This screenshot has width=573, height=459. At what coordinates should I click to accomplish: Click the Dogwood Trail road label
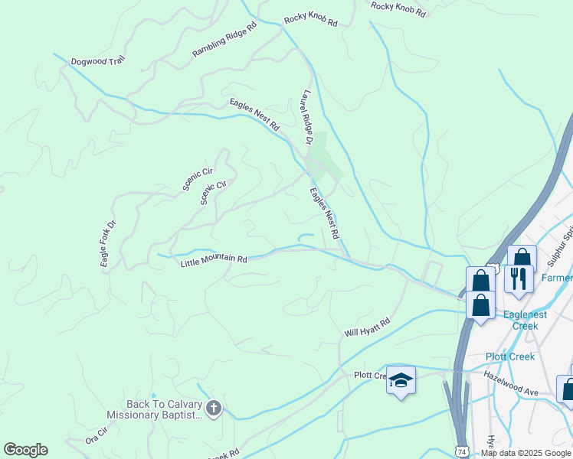97,61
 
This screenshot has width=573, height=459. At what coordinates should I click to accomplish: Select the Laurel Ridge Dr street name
307,117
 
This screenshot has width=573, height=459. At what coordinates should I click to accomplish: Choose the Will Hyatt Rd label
367,328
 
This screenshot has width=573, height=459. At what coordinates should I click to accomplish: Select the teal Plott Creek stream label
512,356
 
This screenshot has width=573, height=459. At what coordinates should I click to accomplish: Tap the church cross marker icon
214,409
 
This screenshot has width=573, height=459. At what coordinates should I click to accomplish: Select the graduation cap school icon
401,380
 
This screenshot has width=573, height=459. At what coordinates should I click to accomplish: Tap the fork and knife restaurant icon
519,280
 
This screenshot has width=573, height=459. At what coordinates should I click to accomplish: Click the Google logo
25,450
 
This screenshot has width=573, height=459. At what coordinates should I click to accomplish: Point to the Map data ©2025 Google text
525,453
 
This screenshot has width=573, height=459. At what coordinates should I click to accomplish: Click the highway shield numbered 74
462,452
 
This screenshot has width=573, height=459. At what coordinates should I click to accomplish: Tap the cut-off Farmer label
557,278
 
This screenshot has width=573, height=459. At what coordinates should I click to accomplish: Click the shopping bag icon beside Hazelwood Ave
566,389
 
